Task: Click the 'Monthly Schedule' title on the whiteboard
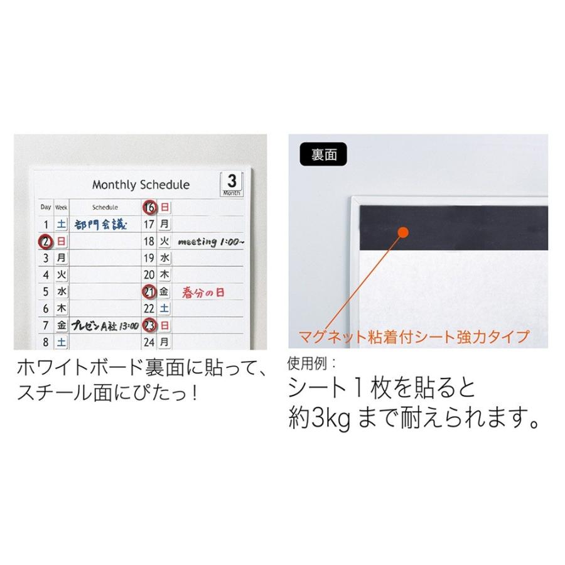click(x=141, y=185)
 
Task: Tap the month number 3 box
click(x=232, y=183)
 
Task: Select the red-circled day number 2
click(x=45, y=241)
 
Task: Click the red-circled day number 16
click(x=149, y=207)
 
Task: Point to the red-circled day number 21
click(x=149, y=292)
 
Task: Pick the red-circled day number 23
click(x=149, y=325)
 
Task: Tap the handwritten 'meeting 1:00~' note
click(x=212, y=241)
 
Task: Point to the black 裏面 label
click(x=324, y=154)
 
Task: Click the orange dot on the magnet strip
click(x=403, y=233)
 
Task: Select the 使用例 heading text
click(x=311, y=363)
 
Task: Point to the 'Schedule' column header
click(x=105, y=207)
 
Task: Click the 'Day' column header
click(x=46, y=207)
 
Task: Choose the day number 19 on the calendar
click(x=149, y=258)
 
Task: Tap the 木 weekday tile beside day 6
click(x=62, y=309)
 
